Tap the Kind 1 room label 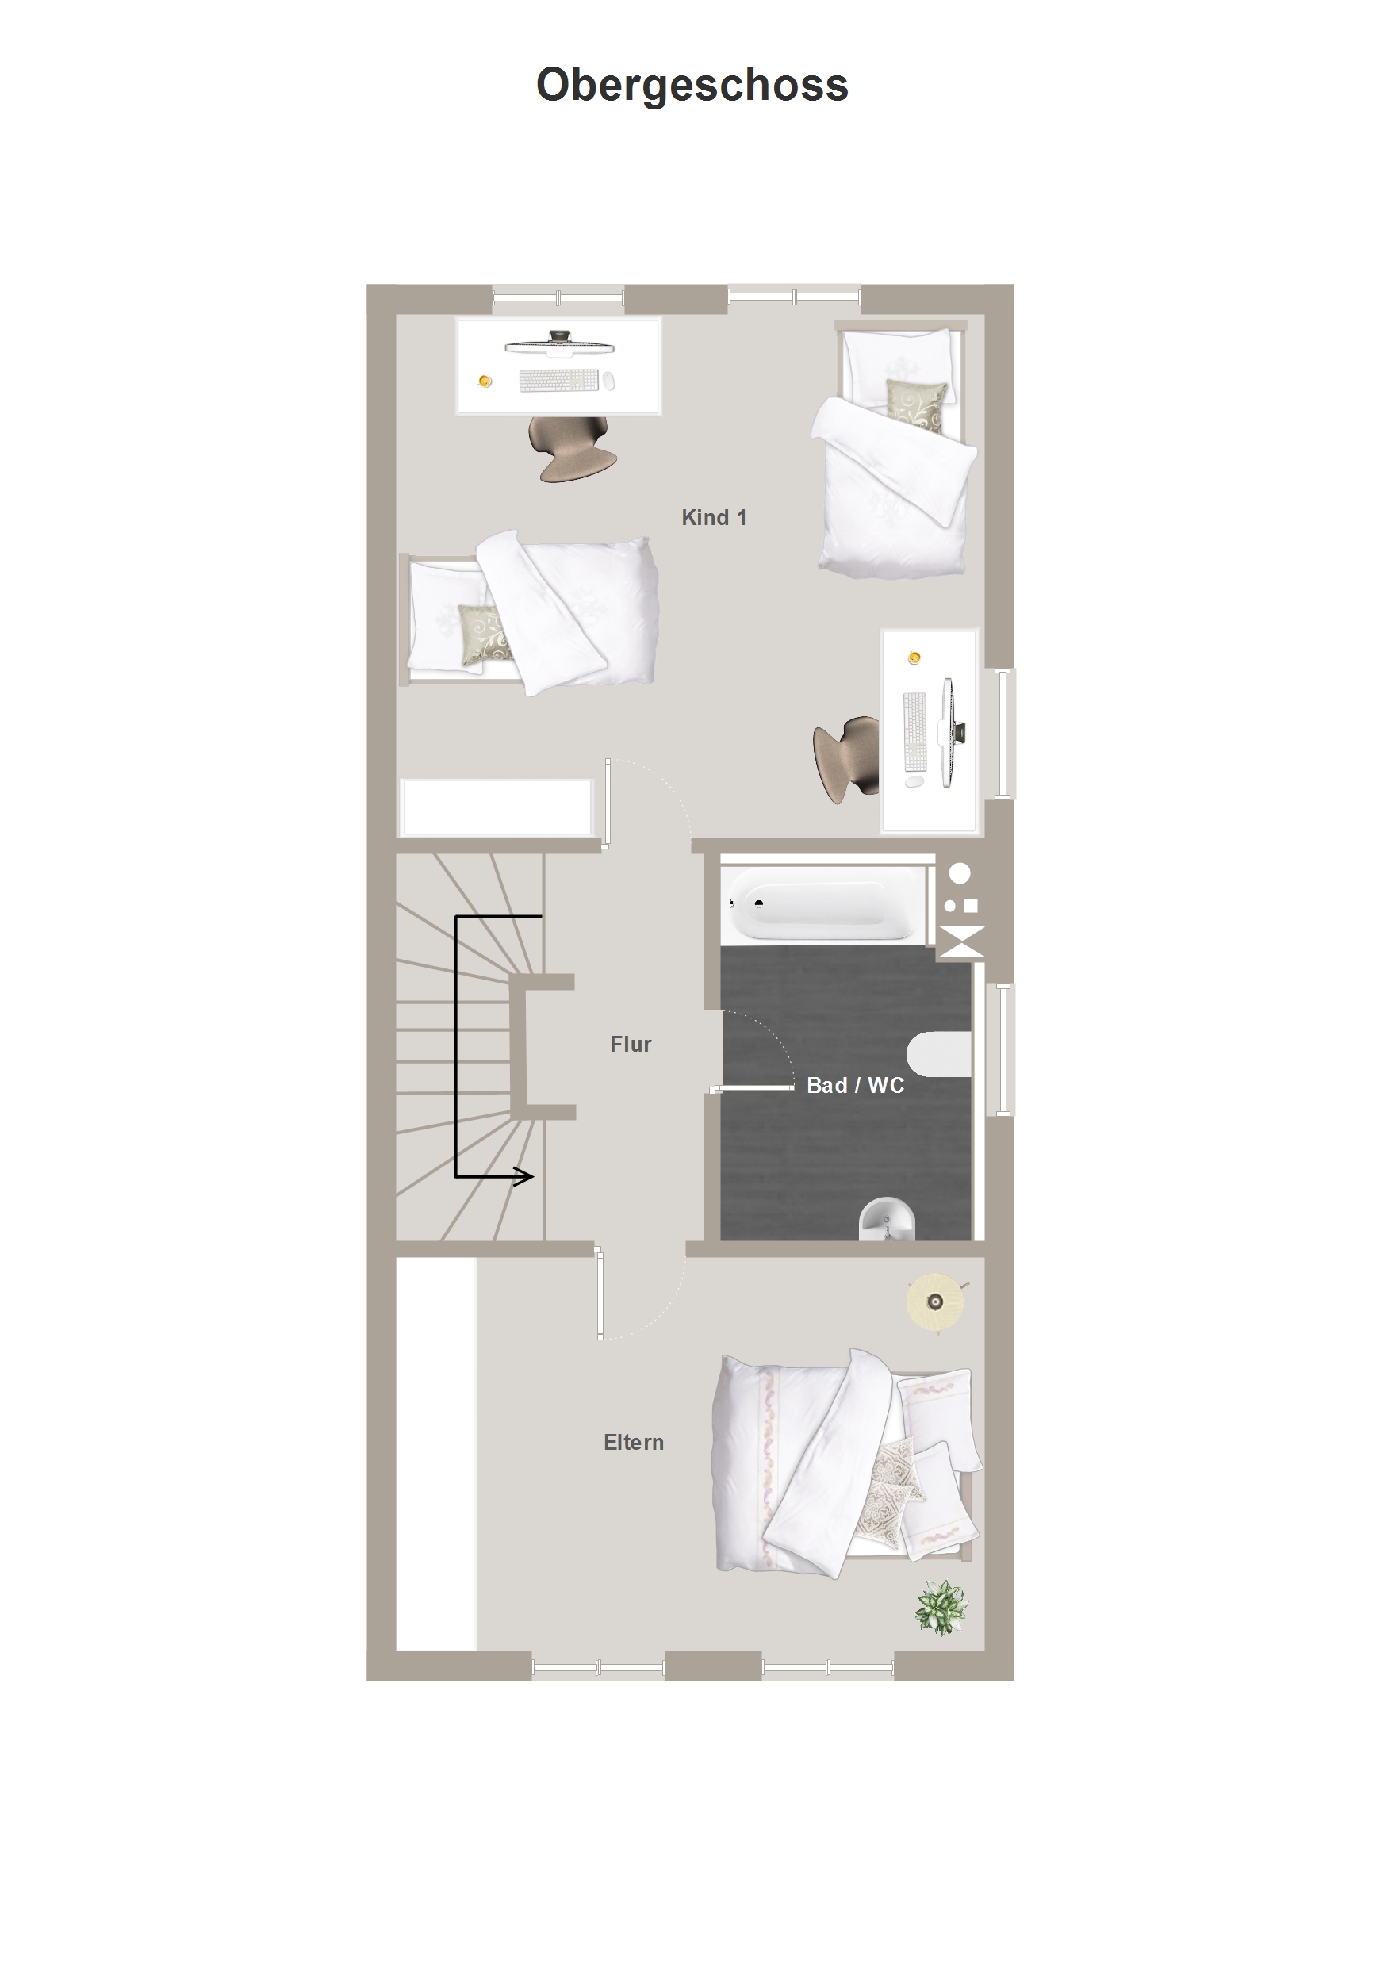(x=714, y=517)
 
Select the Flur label (x=631, y=1044)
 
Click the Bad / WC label (x=855, y=1085)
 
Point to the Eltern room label (x=634, y=1443)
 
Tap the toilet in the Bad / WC (x=939, y=1053)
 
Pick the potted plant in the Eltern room (x=941, y=1608)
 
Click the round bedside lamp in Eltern (x=936, y=1302)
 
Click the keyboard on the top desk (x=559, y=381)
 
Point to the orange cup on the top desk (x=485, y=381)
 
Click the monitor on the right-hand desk (x=951, y=732)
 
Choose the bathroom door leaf (x=753, y=1087)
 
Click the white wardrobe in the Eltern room (x=435, y=1454)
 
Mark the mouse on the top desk (x=608, y=381)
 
